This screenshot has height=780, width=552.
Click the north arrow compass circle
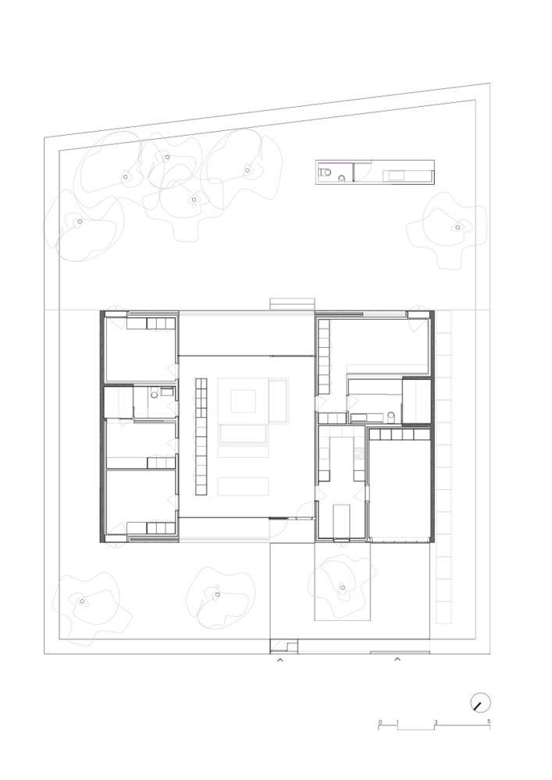click(x=480, y=703)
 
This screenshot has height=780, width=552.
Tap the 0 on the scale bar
click(x=379, y=721)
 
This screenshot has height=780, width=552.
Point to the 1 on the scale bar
click(x=397, y=721)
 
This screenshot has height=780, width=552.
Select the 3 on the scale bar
click(x=436, y=721)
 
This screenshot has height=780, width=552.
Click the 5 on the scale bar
click(x=489, y=721)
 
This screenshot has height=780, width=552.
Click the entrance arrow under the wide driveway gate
click(x=397, y=660)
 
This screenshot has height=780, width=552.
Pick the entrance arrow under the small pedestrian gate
click(x=280, y=660)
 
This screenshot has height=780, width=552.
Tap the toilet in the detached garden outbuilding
click(x=324, y=172)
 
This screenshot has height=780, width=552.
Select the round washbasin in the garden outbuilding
click(x=341, y=178)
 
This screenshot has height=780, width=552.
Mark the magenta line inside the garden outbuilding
click(x=334, y=163)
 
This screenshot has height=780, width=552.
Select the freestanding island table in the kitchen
click(x=342, y=520)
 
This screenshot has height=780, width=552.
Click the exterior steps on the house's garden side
click(x=292, y=304)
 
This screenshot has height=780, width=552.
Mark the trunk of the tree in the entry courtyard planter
click(x=343, y=587)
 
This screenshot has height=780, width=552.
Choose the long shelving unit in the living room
click(x=201, y=437)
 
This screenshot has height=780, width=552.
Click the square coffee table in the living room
click(x=243, y=401)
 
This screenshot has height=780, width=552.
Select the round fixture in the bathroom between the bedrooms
click(x=154, y=395)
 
